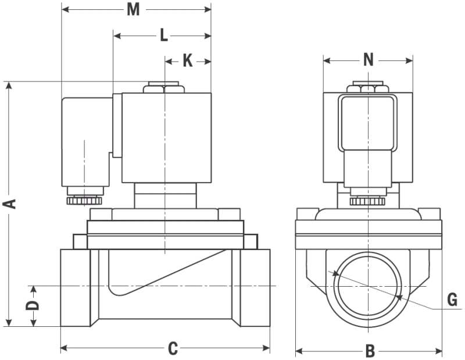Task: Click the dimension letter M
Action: pyautogui.click(x=134, y=10)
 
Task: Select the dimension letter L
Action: pyautogui.click(x=163, y=36)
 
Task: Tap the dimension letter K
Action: pyautogui.click(x=187, y=60)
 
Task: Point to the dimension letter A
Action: pyautogui.click(x=9, y=203)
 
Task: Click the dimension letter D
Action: pyautogui.click(x=33, y=305)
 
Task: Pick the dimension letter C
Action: pyautogui.click(x=173, y=348)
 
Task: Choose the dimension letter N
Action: pyautogui.click(x=368, y=59)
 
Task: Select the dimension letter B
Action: pyautogui.click(x=370, y=351)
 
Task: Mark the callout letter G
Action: pyautogui.click(x=452, y=300)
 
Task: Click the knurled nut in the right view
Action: pyautogui.click(x=368, y=201)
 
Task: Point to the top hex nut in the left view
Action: pyautogui.click(x=165, y=88)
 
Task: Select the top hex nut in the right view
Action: pyautogui.click(x=368, y=88)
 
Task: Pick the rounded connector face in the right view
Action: pyautogui.click(x=367, y=122)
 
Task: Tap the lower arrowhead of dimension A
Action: pyautogui.click(x=9, y=322)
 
